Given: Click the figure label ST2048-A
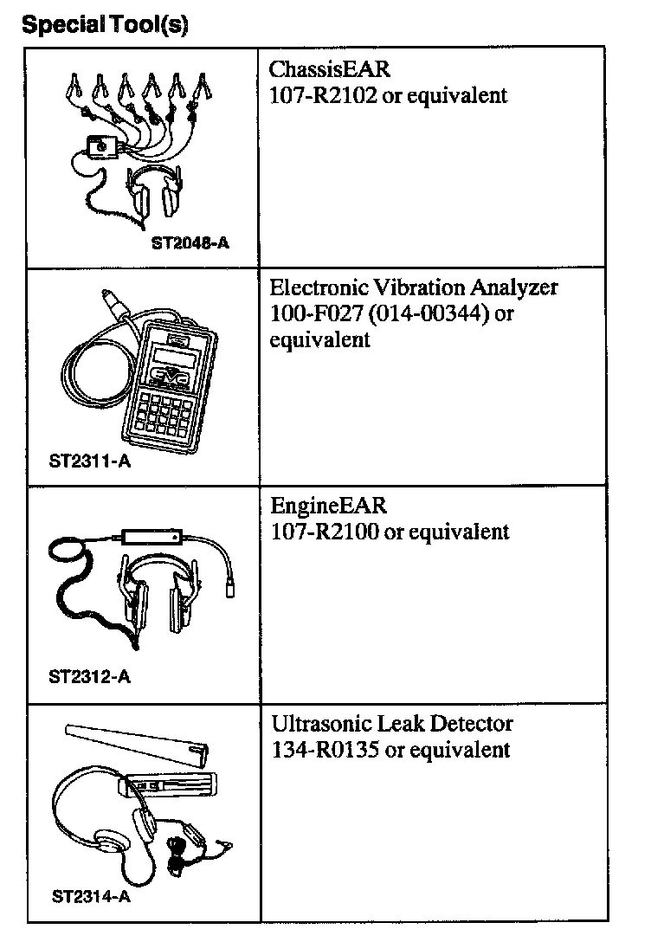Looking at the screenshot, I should tap(190, 243).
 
